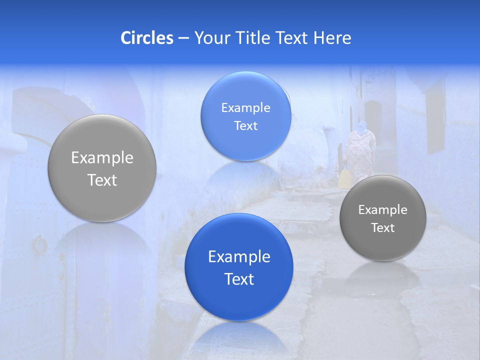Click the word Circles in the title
coord(146,38)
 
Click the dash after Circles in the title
coord(183,38)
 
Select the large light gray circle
coord(102,168)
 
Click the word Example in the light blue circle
coord(245,107)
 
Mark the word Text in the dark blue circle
coord(239,279)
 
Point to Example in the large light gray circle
coord(102,158)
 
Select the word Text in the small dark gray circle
coord(383,228)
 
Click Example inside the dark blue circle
coord(239,257)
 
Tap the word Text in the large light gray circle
coord(102,180)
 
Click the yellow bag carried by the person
coord(344,178)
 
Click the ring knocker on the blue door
coord(39,244)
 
